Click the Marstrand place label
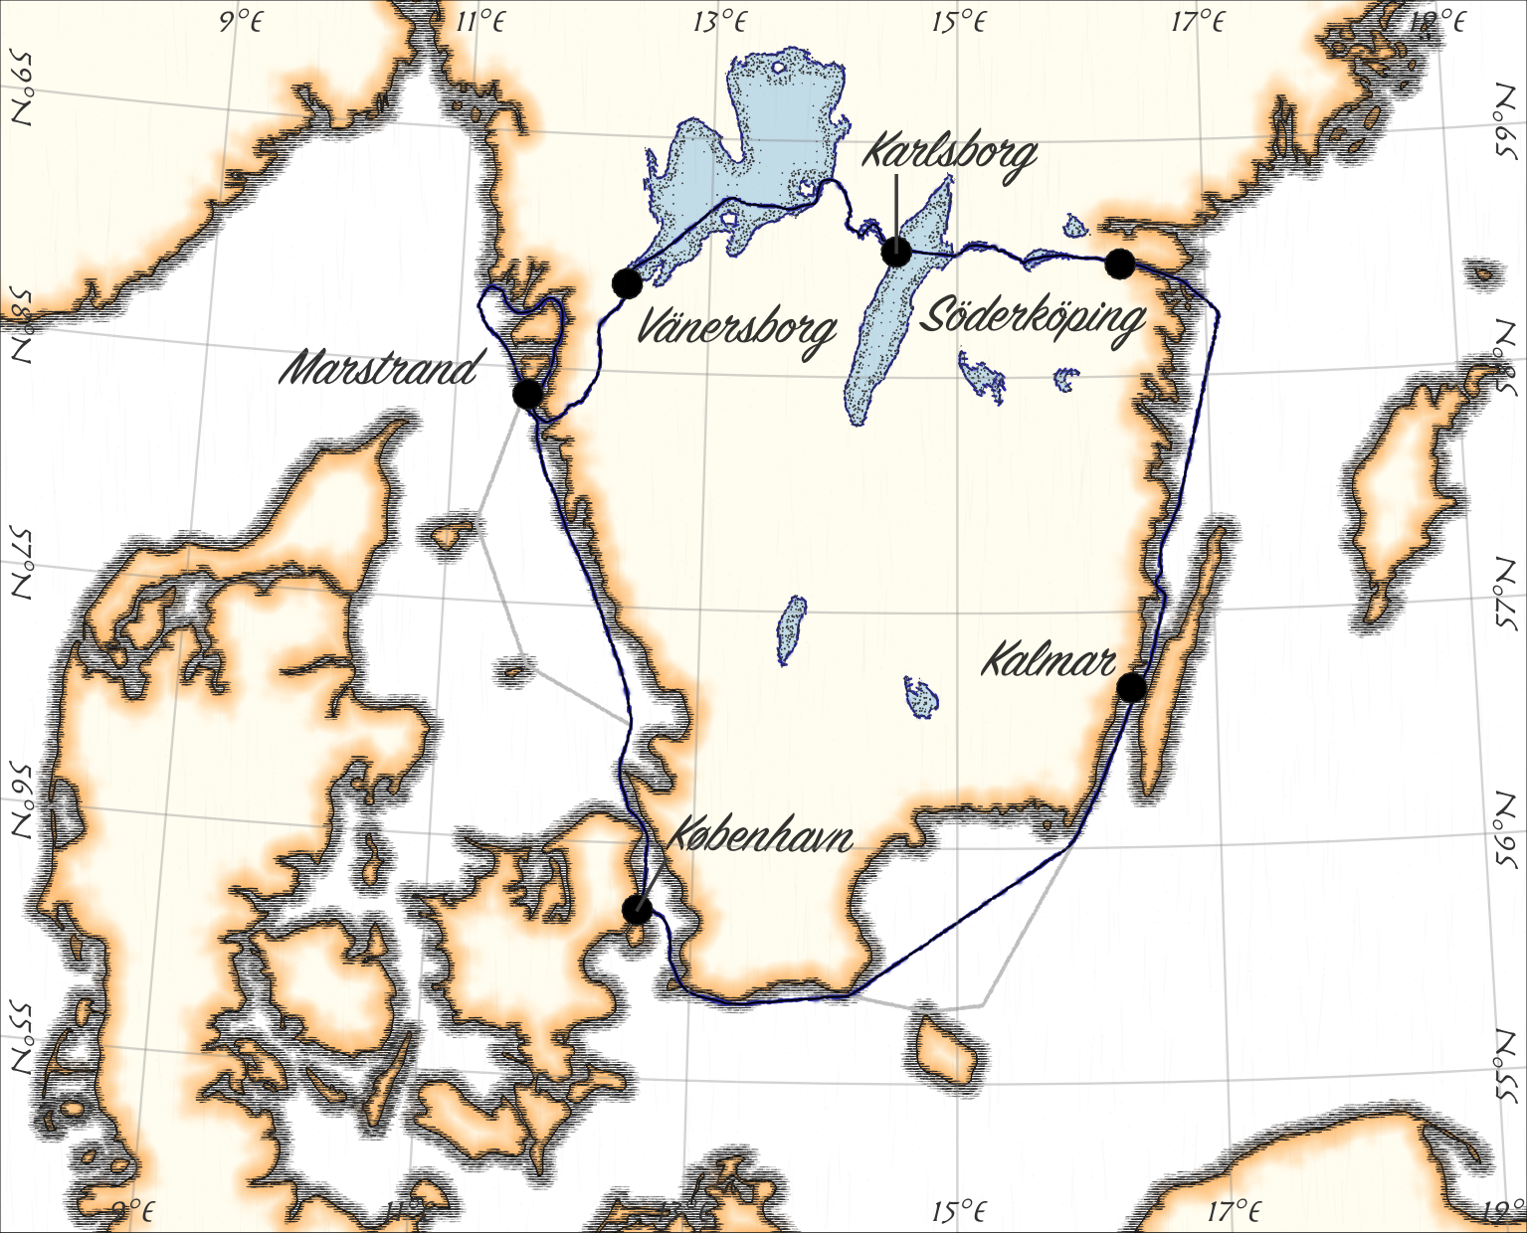tap(378, 370)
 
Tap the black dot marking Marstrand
tap(527, 394)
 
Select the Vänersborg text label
tap(735, 327)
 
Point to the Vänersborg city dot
tap(627, 283)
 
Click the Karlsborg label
tap(949, 153)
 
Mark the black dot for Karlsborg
tap(896, 252)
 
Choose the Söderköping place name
tap(1033, 318)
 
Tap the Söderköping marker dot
tap(1119, 264)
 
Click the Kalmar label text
tap(1049, 660)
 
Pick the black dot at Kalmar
tap(1131, 687)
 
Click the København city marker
tap(637, 909)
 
